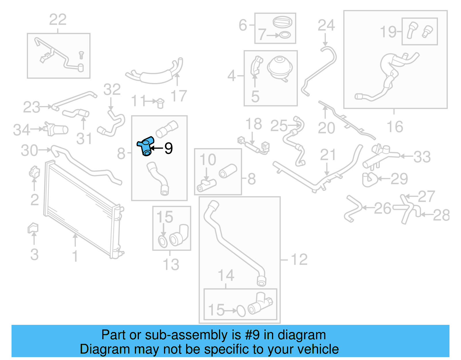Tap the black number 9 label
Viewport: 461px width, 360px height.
coord(169,148)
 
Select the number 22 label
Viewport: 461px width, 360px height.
coord(58,20)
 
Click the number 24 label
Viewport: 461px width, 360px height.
coord(326,25)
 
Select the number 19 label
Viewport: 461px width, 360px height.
coord(388,32)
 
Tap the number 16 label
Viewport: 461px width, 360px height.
coord(395,127)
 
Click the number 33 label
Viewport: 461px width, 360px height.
coord(422,157)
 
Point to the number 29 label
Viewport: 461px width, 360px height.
coord(399,179)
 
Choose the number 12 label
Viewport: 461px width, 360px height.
coord(299,259)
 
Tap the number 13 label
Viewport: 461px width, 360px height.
coord(171,264)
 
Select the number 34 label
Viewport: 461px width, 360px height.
coord(22,130)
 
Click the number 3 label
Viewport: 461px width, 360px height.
coord(34,255)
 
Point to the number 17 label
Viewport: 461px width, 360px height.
coord(179,96)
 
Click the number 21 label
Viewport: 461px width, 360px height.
coord(328,155)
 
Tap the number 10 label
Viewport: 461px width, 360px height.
coord(208,160)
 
